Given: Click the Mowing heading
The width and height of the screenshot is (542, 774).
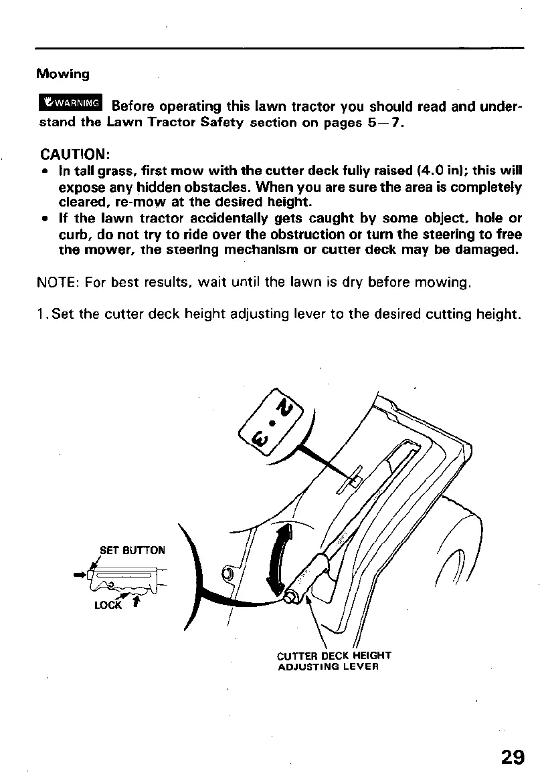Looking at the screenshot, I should [63, 73].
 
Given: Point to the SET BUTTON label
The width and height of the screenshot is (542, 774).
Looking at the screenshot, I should [132, 551].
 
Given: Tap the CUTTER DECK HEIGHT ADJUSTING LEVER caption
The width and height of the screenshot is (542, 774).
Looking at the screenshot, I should [334, 660].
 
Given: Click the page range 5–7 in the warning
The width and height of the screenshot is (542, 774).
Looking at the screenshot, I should [383, 124].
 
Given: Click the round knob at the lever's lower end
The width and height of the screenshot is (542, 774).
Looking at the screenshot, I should [292, 597].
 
